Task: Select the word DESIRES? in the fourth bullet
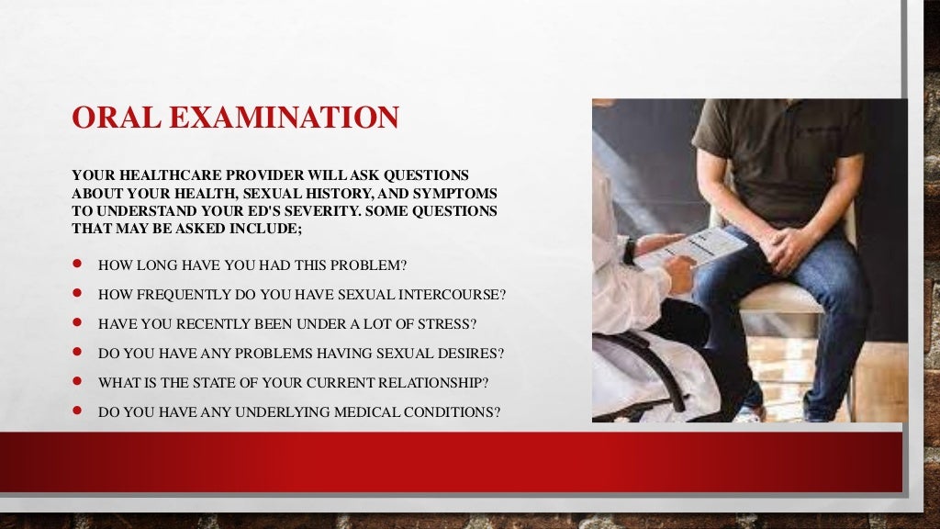point(468,353)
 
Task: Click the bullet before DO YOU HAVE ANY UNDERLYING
point(78,411)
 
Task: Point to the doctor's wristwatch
point(630,249)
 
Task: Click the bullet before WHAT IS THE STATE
point(78,382)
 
